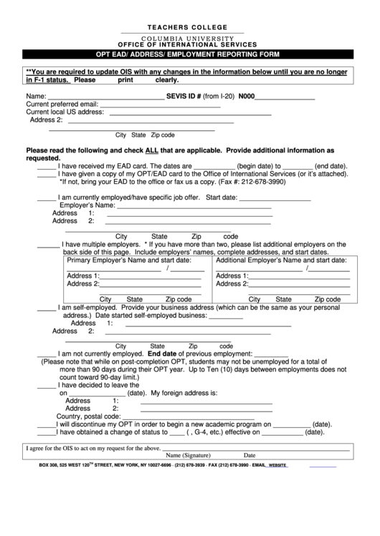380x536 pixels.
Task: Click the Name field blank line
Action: [105, 98]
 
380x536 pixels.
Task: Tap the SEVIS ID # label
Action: [184, 95]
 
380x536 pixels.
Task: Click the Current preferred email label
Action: [62, 104]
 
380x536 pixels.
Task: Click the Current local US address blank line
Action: [189, 114]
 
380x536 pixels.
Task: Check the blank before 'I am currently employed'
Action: [46, 200]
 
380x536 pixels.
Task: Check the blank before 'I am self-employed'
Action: [46, 310]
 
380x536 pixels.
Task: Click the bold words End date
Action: [162, 354]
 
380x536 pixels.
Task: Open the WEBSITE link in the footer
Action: [277, 465]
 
